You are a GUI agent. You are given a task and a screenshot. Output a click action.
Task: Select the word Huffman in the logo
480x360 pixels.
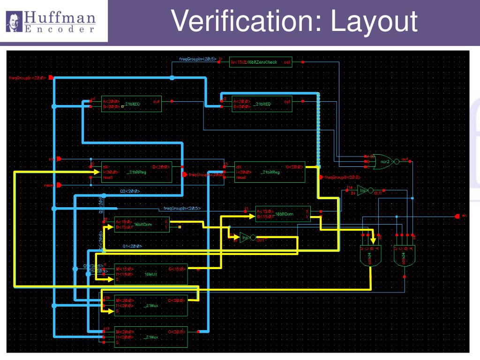click(60, 18)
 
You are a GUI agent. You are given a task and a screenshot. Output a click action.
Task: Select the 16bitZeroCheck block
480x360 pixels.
click(260, 61)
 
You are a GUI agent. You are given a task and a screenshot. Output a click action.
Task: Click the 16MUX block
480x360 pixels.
click(150, 274)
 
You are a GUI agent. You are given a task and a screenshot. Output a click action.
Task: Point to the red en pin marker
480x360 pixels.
click(457, 216)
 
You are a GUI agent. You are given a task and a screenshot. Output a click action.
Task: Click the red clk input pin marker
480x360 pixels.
click(59, 159)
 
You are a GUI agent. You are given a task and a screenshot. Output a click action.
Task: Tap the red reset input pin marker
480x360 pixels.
click(59, 185)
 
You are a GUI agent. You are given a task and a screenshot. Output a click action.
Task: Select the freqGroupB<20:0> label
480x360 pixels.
click(342, 178)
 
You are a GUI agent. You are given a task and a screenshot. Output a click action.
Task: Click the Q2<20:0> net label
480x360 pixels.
click(130, 191)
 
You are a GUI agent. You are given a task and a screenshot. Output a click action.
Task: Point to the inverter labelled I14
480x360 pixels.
click(363, 190)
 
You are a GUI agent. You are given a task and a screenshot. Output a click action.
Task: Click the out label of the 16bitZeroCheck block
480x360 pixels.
click(287, 62)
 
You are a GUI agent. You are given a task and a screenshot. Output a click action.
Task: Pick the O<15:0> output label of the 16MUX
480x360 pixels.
click(176, 269)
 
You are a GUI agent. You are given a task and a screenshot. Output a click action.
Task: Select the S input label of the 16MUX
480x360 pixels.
click(117, 279)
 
